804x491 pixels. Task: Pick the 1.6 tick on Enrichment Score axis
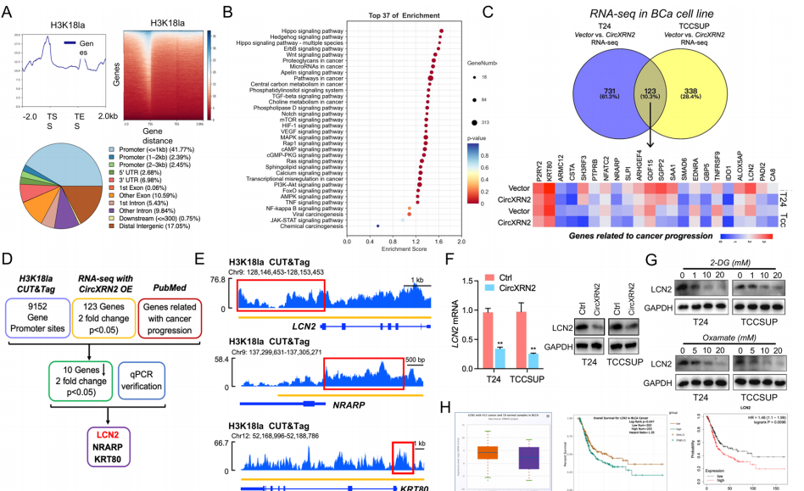click(438, 242)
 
